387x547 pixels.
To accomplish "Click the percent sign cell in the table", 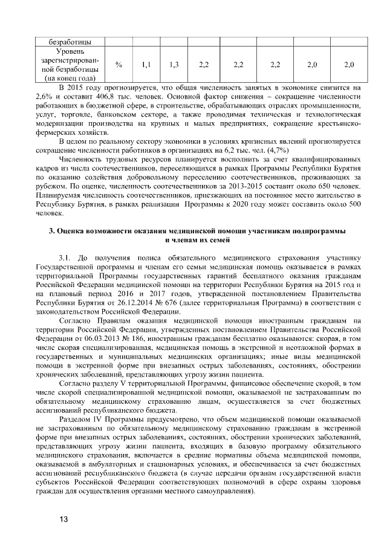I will tap(119, 64).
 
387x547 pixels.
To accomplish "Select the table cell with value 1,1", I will tap(146, 64).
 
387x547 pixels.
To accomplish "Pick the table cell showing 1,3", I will tap(175, 64).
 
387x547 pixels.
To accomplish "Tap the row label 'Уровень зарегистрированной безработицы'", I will tap(71, 64).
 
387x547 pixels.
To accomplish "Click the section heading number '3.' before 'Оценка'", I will tap(51, 231).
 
